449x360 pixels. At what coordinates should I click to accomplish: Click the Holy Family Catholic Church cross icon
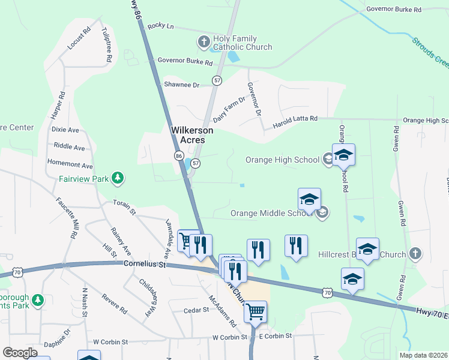coord(203,42)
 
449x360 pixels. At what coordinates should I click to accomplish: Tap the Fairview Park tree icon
coord(119,178)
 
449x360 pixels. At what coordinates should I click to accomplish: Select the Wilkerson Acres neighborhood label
coord(188,134)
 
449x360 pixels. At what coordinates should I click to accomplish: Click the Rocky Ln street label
coord(160,26)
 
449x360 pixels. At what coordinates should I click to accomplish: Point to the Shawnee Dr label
coord(181,85)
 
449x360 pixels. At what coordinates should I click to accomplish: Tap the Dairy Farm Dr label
coord(229,110)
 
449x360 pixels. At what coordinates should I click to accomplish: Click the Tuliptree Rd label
coord(107,45)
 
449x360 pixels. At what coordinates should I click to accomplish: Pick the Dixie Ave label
coord(65,129)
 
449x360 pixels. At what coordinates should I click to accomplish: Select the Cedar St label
coord(196,310)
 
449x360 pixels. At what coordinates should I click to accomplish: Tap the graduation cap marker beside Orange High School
coord(343,155)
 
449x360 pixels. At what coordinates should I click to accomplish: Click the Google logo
coord(20,353)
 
